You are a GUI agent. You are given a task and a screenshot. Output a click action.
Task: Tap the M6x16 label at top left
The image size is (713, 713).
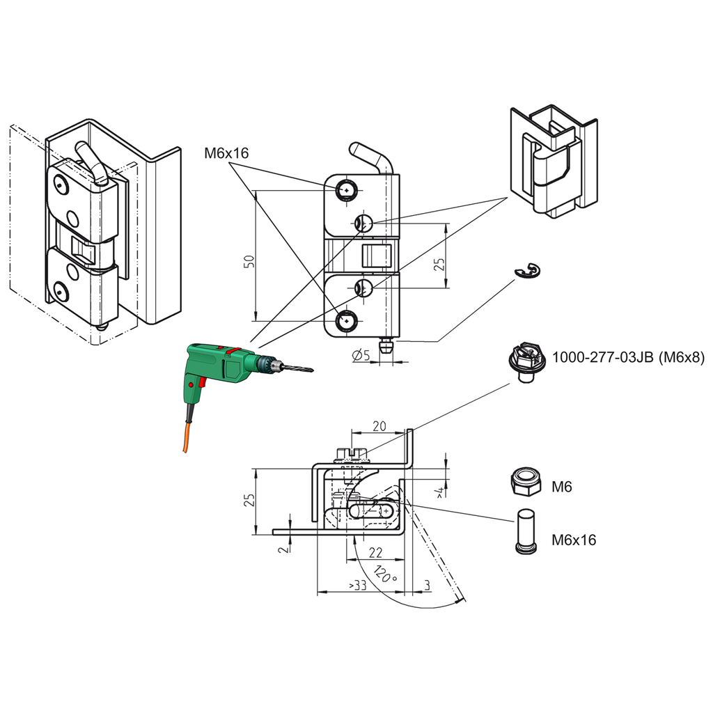point(226,153)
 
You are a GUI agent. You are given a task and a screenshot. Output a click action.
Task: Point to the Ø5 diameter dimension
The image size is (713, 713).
point(361,356)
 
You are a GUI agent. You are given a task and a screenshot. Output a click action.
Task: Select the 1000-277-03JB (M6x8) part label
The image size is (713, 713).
point(628,358)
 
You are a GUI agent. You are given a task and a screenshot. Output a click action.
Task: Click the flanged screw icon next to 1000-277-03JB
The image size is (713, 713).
point(526,363)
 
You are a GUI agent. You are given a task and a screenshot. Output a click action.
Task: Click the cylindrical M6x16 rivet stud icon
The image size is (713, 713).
point(526,531)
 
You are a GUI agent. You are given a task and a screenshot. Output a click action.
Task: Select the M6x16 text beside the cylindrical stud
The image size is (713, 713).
point(574,540)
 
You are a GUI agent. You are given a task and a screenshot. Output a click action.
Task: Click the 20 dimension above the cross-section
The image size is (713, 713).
point(379,426)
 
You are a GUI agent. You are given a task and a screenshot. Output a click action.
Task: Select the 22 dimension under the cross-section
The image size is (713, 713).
point(375,553)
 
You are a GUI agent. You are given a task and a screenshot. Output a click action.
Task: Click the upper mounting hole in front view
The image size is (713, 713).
point(346,189)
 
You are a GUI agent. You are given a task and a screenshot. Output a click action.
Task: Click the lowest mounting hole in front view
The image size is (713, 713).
point(346,321)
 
